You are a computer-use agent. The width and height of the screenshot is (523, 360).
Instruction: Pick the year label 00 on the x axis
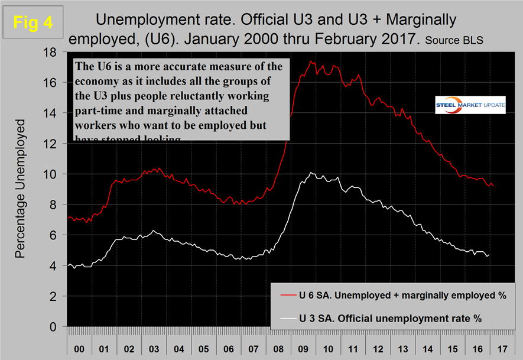pyautogui.click(x=78, y=342)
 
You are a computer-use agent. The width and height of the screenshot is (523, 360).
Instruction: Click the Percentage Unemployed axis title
pyautogui.click(x=21, y=189)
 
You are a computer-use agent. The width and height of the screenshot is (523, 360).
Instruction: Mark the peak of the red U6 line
pyautogui.click(x=311, y=61)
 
